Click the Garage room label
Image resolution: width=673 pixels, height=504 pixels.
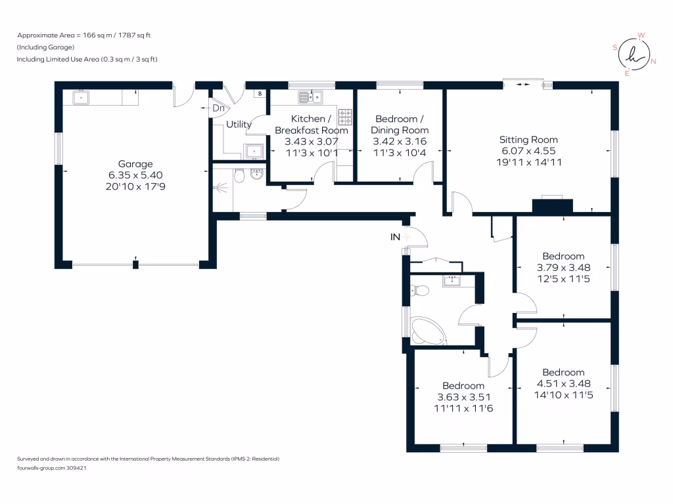tap(135, 164)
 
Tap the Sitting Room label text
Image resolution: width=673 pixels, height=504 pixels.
tap(528, 140)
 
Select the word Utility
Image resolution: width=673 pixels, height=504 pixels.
tap(239, 124)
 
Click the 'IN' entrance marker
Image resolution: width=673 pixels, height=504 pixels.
tap(395, 236)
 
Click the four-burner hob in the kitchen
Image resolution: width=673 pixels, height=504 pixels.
tap(346, 117)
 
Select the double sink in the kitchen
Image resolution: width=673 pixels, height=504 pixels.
tap(310, 98)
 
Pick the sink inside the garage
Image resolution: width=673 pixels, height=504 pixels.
tap(81, 98)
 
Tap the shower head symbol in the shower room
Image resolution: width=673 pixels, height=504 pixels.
tap(220, 186)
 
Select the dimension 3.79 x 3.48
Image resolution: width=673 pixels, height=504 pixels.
tap(563, 267)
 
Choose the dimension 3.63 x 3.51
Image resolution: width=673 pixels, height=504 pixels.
tap(463, 397)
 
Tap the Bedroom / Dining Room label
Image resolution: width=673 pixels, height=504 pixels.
tap(400, 125)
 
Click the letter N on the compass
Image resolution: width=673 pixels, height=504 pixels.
tap(653, 61)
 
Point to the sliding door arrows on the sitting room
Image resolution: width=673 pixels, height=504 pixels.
tap(524, 84)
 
